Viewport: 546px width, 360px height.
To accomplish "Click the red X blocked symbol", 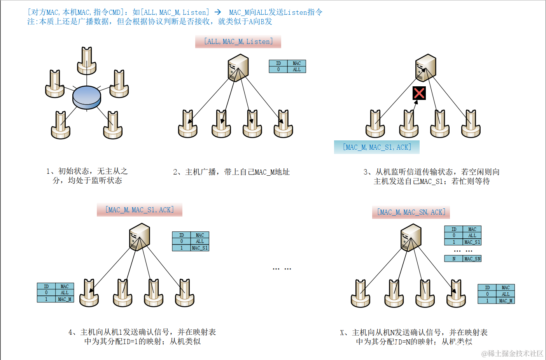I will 419,93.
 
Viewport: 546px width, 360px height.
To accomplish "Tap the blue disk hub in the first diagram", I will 87,97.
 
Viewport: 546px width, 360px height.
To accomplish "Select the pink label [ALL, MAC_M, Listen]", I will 238,42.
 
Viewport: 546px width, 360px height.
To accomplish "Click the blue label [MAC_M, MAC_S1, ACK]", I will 376,147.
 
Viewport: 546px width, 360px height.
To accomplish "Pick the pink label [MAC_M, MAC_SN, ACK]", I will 411,212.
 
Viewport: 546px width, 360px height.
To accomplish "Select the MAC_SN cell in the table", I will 472,259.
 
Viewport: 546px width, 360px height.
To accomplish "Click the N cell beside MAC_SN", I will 453,259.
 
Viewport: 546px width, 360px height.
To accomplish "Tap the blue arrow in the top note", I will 218,12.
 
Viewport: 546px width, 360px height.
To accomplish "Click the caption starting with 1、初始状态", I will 87,176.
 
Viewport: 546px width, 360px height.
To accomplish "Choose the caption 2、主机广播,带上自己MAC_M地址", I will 231,172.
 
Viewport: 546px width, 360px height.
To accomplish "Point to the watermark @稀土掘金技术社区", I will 512,353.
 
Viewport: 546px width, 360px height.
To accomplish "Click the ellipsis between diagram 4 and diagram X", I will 282,269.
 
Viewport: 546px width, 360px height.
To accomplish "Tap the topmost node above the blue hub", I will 87,61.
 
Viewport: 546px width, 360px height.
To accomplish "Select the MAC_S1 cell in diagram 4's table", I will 200,248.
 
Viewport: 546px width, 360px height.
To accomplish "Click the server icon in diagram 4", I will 139,237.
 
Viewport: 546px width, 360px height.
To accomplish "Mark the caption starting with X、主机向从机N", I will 414,337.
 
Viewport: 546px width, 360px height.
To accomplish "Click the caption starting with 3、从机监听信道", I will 431,177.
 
